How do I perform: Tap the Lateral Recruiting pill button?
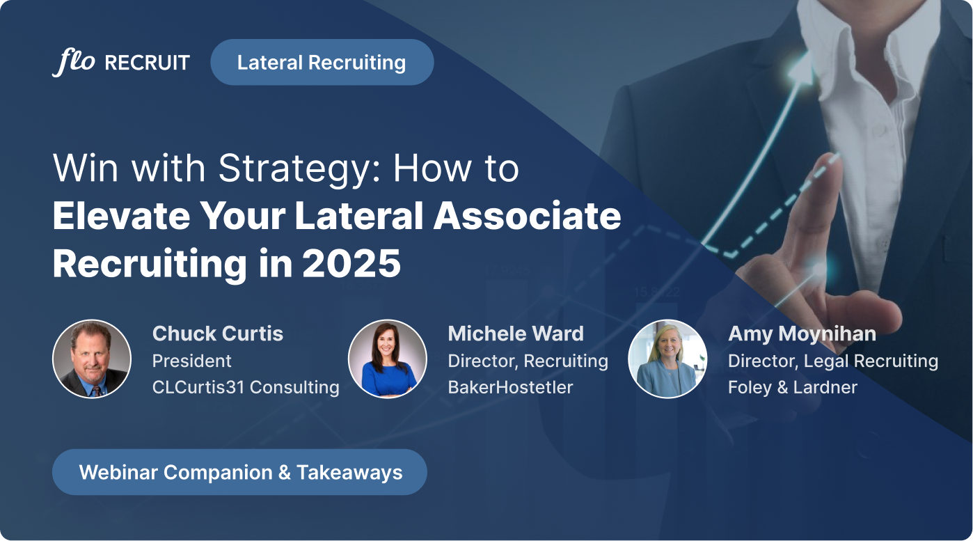[x=322, y=63]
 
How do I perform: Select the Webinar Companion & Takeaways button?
[x=240, y=472]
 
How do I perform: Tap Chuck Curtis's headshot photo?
[x=92, y=359]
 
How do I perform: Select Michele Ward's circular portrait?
[x=387, y=359]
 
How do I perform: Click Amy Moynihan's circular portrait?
[x=667, y=359]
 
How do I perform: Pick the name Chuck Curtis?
[x=217, y=334]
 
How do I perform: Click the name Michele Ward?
[x=515, y=334]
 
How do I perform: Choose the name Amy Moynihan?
[x=802, y=334]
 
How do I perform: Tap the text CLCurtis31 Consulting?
[x=246, y=387]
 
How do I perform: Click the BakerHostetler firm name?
[x=510, y=387]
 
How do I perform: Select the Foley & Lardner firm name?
[x=792, y=387]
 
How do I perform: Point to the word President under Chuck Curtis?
[x=192, y=361]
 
